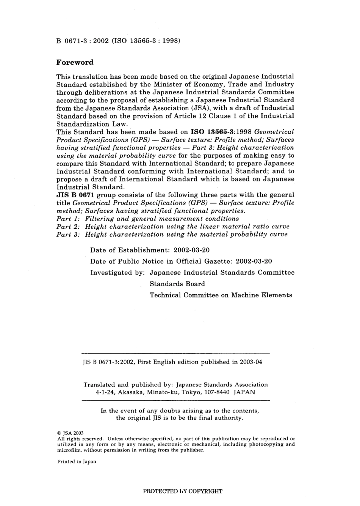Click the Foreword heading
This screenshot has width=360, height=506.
coord(75,62)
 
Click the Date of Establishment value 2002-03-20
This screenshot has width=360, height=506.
coord(191,250)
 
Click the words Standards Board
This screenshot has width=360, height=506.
coord(177,284)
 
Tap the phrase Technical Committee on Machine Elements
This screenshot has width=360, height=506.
coord(221,295)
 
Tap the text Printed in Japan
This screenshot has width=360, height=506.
coord(77,462)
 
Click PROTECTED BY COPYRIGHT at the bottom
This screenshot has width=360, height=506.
coord(183,492)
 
